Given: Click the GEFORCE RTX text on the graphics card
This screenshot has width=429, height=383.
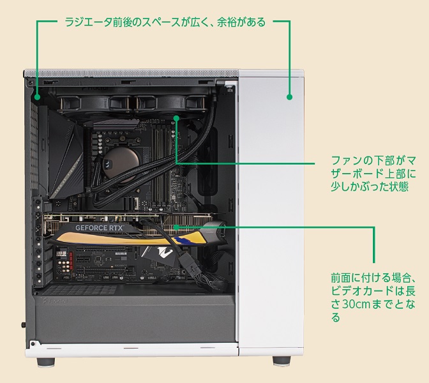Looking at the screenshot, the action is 99,228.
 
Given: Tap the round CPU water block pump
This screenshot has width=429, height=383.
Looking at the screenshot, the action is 122,165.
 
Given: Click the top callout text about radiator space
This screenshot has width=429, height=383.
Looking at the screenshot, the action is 165,22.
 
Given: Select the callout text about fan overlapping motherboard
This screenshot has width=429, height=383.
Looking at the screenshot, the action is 373,174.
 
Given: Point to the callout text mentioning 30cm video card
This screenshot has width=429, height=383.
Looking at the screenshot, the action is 373,297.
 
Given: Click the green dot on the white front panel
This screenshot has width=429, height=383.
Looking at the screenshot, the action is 289,97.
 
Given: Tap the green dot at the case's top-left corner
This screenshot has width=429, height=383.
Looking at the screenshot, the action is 37,97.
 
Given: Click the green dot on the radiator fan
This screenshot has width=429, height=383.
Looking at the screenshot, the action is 176,118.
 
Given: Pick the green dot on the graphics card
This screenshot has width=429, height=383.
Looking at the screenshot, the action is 176,227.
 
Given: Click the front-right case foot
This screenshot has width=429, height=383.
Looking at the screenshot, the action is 282,361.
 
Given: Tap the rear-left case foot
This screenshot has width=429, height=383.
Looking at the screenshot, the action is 46,362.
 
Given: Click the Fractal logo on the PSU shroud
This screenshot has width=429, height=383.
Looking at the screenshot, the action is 56,301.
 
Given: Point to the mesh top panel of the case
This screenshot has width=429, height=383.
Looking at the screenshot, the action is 132,73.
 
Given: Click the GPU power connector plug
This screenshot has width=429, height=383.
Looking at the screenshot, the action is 190,262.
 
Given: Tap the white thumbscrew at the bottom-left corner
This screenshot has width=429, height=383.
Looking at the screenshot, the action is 33,343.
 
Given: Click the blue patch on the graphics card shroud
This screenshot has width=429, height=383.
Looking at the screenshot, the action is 184,241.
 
